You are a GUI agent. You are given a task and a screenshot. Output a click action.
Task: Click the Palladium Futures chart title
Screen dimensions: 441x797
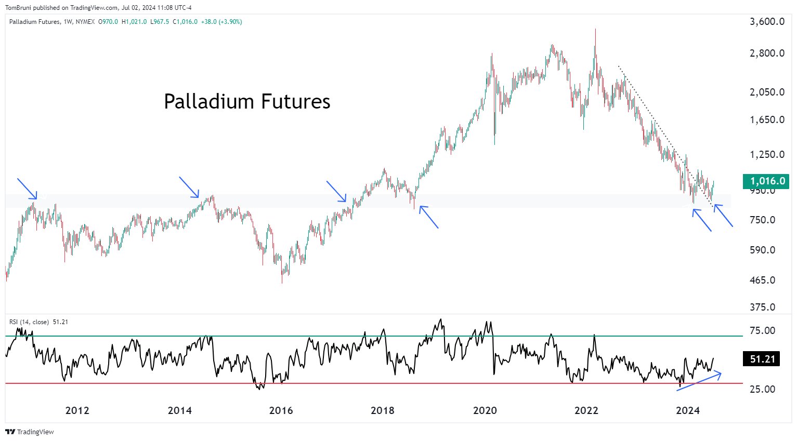(x=247, y=101)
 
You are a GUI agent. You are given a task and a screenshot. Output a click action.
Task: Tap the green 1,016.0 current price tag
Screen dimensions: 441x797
(x=766, y=181)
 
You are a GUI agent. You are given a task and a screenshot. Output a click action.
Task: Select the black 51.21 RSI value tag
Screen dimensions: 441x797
(x=762, y=359)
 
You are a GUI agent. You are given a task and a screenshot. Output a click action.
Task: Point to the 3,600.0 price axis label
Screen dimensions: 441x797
(x=767, y=22)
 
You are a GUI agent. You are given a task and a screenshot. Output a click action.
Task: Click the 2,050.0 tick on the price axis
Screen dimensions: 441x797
(x=767, y=92)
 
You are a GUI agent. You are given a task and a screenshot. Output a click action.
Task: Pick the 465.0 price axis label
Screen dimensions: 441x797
(x=762, y=280)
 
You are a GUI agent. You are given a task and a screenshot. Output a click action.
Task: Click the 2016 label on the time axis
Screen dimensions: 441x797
(x=281, y=410)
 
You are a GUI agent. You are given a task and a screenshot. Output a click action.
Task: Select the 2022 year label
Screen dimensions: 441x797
(x=586, y=410)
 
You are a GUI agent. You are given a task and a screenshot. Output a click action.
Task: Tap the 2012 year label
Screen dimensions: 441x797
(x=77, y=410)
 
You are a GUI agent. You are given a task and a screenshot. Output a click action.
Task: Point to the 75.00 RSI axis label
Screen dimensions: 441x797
(x=762, y=330)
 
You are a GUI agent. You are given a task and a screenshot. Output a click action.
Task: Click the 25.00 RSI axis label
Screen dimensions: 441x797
(x=762, y=389)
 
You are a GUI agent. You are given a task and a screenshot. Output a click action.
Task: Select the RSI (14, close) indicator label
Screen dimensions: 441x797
(x=29, y=322)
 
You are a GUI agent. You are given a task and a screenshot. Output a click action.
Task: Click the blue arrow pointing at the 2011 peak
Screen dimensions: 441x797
(x=27, y=189)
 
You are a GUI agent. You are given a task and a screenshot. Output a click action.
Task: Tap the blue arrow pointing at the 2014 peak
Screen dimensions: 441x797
(x=189, y=187)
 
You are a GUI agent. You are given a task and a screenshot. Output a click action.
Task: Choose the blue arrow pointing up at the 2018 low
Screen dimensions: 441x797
(x=429, y=217)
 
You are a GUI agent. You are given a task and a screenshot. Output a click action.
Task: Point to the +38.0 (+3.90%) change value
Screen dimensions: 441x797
(x=221, y=22)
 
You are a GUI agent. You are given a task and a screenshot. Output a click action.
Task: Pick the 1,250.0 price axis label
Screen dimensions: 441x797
(x=767, y=154)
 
